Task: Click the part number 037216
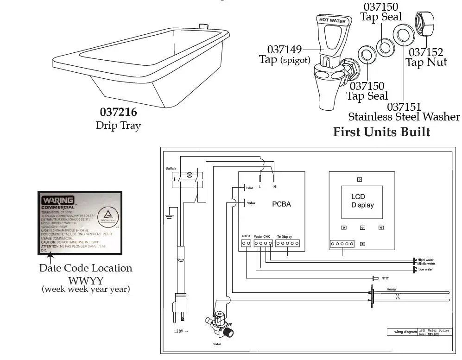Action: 118,112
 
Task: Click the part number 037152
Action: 425,52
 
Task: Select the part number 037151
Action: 404,107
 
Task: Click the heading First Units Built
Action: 381,132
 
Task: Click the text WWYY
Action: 85,279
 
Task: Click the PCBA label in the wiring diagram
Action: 281,204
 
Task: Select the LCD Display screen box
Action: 362,202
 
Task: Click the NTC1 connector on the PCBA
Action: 246,243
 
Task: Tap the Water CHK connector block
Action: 263,243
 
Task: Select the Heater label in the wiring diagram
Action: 392,289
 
